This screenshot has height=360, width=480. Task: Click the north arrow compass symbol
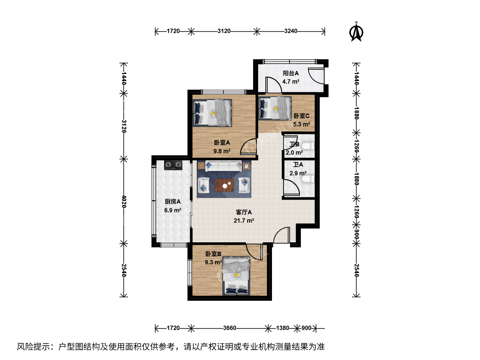356,32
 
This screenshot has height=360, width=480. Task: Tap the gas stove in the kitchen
173,165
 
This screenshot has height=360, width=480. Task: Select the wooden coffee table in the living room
224,185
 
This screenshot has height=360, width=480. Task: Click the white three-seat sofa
223,166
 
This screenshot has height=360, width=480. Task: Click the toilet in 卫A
308,179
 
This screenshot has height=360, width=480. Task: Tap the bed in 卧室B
236,276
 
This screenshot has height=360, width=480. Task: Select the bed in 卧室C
275,109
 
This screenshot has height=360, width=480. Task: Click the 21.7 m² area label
244,221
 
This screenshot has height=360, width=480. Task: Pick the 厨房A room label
173,202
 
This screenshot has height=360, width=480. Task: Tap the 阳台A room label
291,73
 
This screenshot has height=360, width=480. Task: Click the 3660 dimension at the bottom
230,328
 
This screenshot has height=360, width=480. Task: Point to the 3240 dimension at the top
291,31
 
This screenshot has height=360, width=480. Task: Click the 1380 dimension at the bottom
283,328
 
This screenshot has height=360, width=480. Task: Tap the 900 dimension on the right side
356,234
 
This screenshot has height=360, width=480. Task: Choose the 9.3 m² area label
213,262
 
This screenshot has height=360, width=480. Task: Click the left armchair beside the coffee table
203,185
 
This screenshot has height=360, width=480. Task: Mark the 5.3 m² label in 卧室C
302,124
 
